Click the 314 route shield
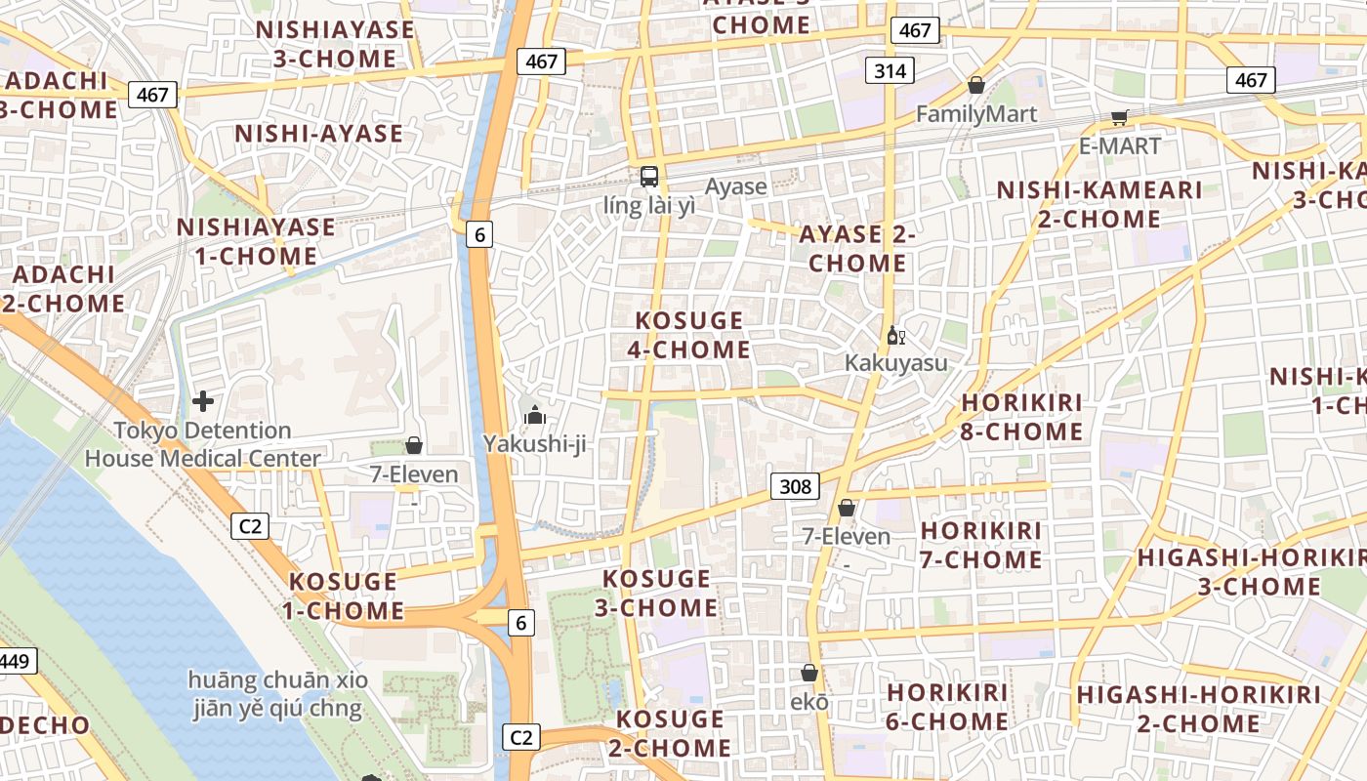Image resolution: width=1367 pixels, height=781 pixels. pyautogui.click(x=890, y=70)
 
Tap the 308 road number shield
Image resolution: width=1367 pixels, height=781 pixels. pyautogui.click(x=795, y=486)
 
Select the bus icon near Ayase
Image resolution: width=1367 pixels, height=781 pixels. pyautogui.click(x=649, y=177)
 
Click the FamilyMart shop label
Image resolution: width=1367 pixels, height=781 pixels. pyautogui.click(x=976, y=114)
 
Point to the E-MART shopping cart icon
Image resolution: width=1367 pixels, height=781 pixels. pyautogui.click(x=1119, y=118)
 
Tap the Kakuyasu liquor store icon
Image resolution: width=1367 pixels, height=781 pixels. pyautogui.click(x=895, y=336)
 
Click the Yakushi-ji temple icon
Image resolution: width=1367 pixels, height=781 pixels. pyautogui.click(x=534, y=416)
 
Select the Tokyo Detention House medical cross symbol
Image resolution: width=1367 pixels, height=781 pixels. pyautogui.click(x=203, y=401)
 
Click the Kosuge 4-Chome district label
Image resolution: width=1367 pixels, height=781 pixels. pyautogui.click(x=689, y=335)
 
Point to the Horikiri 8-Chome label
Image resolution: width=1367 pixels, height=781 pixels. pyautogui.click(x=1022, y=417)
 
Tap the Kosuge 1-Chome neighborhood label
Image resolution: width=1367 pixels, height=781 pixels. pyautogui.click(x=344, y=596)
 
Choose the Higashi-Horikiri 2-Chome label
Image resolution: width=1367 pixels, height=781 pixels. pyautogui.click(x=1198, y=710)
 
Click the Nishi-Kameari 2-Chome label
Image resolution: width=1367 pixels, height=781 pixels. pyautogui.click(x=1099, y=204)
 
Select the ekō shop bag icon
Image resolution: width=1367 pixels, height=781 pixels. pyautogui.click(x=808, y=673)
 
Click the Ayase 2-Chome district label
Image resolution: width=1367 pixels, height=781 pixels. pyautogui.click(x=857, y=248)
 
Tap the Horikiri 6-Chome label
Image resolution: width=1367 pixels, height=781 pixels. pyautogui.click(x=947, y=707)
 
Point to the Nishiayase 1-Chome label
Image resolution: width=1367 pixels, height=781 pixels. pyautogui.click(x=256, y=241)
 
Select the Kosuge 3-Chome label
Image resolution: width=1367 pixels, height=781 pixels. pyautogui.click(x=657, y=593)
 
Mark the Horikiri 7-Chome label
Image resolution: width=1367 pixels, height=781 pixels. pyautogui.click(x=981, y=545)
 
